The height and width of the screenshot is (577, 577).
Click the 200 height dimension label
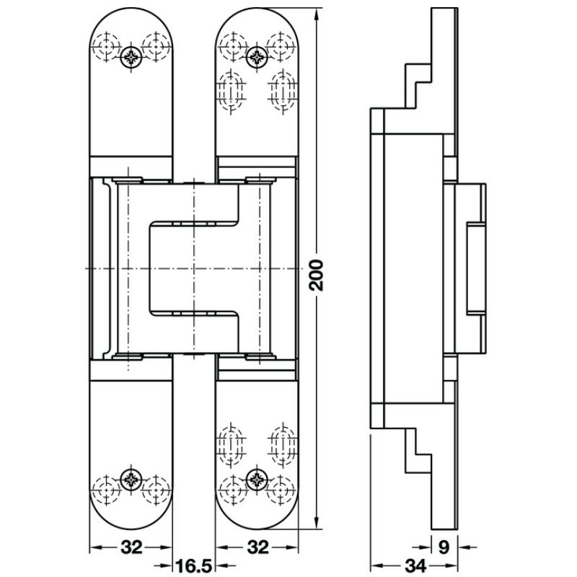pos(317,276)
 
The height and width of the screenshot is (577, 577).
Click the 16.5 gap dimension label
pos(193,565)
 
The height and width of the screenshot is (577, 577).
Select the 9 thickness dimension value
pos(444,547)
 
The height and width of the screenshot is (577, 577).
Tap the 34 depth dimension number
pos(415,565)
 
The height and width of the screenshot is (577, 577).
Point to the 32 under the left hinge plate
pos(131,547)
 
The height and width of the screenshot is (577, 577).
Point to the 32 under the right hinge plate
pos(257,547)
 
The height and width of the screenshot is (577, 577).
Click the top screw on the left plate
pos(131,58)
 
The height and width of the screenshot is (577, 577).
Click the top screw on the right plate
pos(256,57)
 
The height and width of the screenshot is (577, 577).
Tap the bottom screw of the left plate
pos(131,480)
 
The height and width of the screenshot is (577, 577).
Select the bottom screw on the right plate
pos(257,479)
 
